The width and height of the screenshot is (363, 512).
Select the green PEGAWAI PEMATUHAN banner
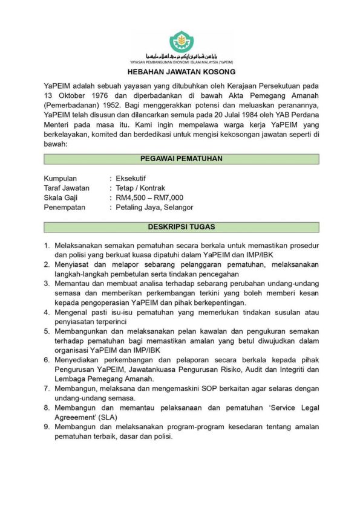181,159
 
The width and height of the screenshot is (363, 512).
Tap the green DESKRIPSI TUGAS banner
181,227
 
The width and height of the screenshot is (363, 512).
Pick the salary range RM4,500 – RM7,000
149,197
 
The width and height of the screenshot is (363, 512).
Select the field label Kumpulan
60,179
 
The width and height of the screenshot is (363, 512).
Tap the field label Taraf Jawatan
67,188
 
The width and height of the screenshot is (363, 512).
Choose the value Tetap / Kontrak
140,188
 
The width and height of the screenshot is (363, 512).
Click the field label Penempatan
65,207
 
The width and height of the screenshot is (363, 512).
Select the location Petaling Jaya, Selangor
154,207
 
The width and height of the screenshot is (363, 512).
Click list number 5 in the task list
47,331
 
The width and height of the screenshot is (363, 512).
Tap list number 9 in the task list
47,427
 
